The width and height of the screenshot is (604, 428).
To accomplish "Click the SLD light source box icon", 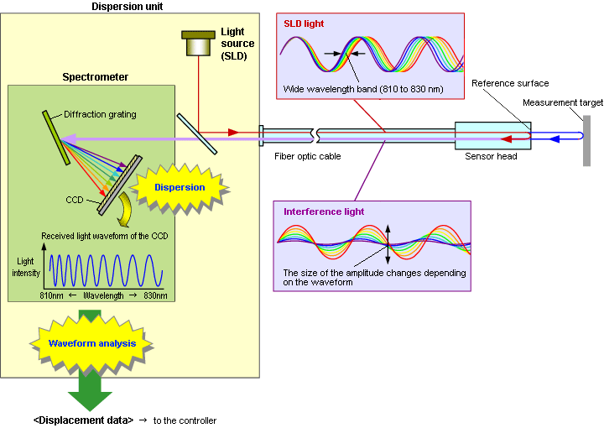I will tap(198, 44).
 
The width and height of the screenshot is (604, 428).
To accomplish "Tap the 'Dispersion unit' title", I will tap(129, 8).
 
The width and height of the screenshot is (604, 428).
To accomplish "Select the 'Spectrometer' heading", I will tap(96, 77).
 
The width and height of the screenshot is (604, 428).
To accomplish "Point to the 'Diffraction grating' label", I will tap(100, 115).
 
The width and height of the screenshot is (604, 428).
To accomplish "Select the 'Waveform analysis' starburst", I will tap(91, 343).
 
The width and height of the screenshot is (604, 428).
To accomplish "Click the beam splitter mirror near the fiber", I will tap(196, 133).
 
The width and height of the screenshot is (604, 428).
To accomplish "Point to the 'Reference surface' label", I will tap(510, 83).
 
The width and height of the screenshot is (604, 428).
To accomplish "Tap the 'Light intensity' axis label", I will tap(24, 267).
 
